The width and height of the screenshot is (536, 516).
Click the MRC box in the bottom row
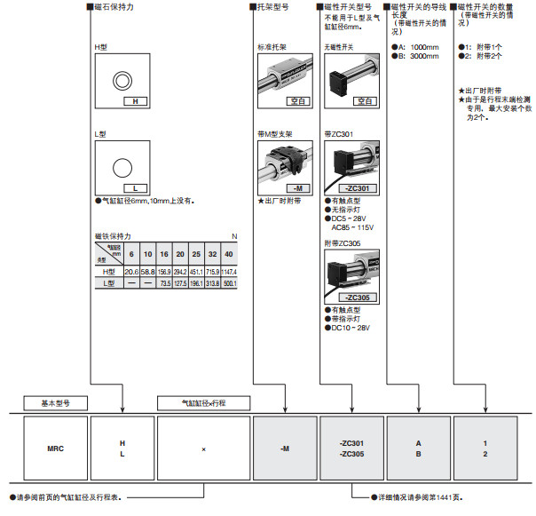pos(55,449)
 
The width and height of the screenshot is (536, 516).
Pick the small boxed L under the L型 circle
pos(135,188)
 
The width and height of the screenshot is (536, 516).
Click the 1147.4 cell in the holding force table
pos(230,271)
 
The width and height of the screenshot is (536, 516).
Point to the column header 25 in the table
pos(196,255)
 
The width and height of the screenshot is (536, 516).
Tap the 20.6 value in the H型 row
pos(131,271)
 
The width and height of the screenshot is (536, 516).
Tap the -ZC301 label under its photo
pos(354,188)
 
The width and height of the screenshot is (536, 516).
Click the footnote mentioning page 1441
pos(409,496)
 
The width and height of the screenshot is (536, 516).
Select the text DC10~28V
pos(350,328)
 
